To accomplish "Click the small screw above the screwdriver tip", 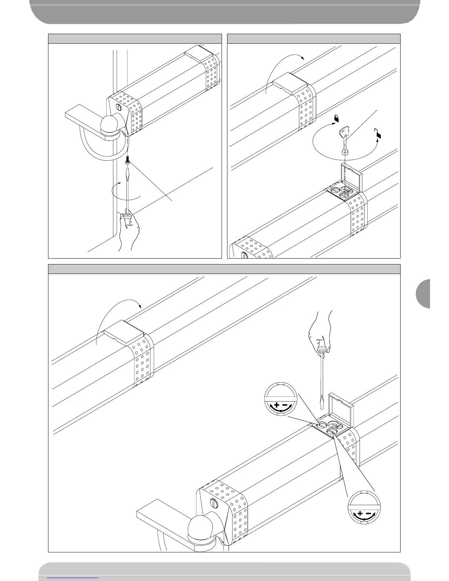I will [128, 159].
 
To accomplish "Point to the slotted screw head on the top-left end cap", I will [118, 107].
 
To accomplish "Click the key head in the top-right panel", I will [344, 130].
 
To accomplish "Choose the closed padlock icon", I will [336, 118].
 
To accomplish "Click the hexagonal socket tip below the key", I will [345, 152].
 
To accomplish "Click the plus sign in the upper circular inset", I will [276, 405].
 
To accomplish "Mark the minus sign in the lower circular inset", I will [369, 513].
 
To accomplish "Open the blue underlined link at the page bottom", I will [73, 577].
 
